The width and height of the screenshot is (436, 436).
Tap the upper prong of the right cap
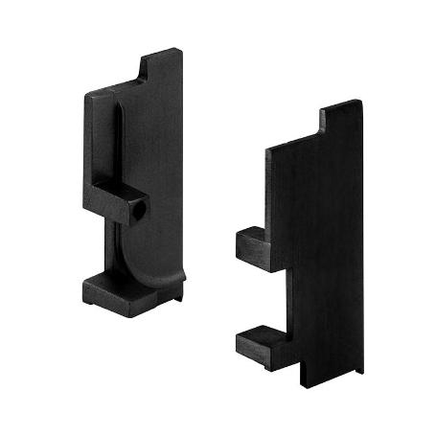pyautogui.click(x=253, y=246)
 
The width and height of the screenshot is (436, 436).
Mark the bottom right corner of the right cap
pyautogui.click(x=362, y=371)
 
